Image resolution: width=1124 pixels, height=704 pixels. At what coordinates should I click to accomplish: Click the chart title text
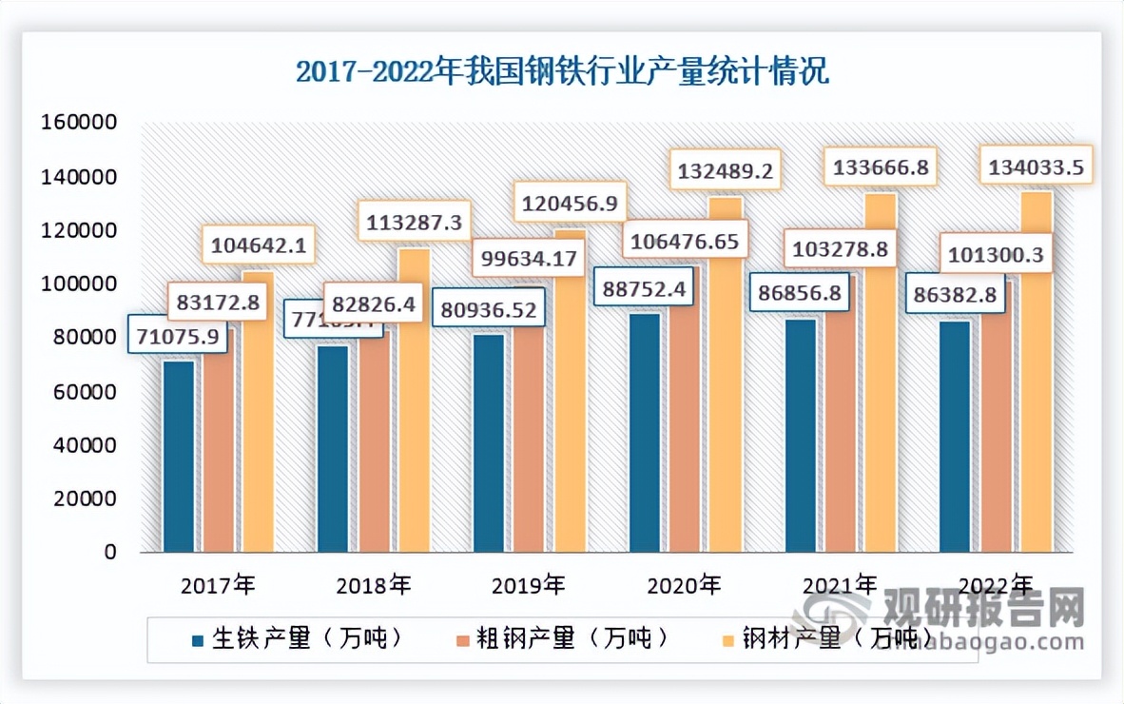pos(562,72)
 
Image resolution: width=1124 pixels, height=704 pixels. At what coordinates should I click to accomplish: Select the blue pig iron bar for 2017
pos(179,457)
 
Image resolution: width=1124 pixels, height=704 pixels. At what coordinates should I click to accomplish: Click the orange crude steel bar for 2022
pos(997,419)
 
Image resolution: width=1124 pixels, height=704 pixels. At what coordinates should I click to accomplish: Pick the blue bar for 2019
pos(490,447)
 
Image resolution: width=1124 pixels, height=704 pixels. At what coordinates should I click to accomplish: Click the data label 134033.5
pos(1034,168)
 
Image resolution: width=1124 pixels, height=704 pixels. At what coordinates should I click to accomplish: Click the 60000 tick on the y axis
pos(82,392)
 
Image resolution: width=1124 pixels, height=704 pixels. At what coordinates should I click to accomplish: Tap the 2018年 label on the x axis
pos(374,584)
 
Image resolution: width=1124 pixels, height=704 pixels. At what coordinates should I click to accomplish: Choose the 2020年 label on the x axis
pos(684,584)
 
